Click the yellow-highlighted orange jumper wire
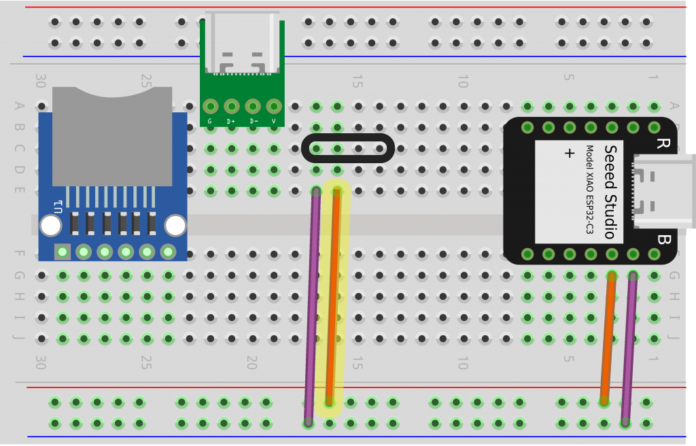coord(333,299)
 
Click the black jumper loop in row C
coord(347,148)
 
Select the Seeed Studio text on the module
coord(610,192)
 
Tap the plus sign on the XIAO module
coord(569,154)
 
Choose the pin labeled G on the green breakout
coord(210,107)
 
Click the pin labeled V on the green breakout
coord(274,107)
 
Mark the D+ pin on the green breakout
coord(231,107)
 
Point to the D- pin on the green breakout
coord(253,107)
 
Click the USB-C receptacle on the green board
coord(242,44)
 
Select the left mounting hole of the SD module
coord(50,226)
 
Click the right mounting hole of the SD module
coord(175,226)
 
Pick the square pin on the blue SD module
coord(63,252)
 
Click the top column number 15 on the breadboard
coord(357,82)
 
